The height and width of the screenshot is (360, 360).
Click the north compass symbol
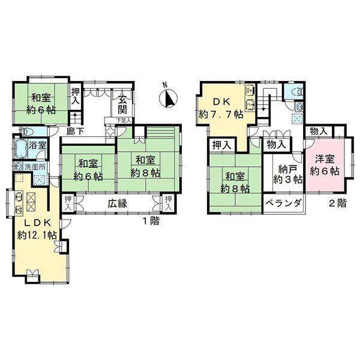tap(168, 98)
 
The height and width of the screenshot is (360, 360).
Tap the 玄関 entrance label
tap(122, 105)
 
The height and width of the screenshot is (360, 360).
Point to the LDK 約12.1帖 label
tap(37, 229)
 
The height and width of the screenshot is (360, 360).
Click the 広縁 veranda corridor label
tap(118, 203)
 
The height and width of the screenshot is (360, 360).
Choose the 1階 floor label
tap(151, 221)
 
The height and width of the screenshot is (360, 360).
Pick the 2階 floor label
tap(338, 203)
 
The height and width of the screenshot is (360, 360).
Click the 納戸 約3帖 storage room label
tap(287, 175)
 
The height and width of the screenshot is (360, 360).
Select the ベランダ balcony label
tap(284, 203)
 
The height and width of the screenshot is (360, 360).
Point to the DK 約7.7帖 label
tap(221, 108)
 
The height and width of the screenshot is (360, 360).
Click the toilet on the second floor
tap(298, 92)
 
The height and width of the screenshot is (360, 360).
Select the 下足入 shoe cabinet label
tap(124, 120)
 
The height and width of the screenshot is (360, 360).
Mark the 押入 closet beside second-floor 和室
tap(221, 145)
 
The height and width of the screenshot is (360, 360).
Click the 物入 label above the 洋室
tap(319, 131)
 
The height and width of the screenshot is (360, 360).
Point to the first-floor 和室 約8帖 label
tap(145, 167)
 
